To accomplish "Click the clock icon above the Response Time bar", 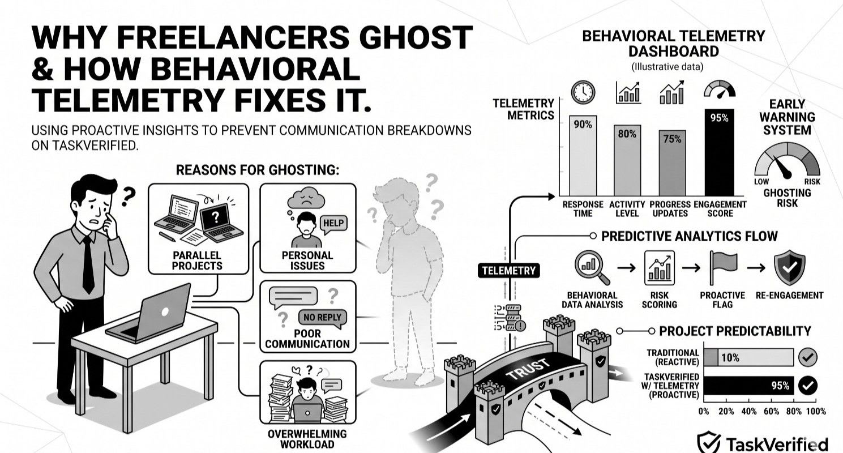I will [583, 92].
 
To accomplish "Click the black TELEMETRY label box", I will [508, 271].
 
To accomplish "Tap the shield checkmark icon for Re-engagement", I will [788, 267].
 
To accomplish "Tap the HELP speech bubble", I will [333, 224].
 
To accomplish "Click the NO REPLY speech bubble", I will [322, 317].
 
